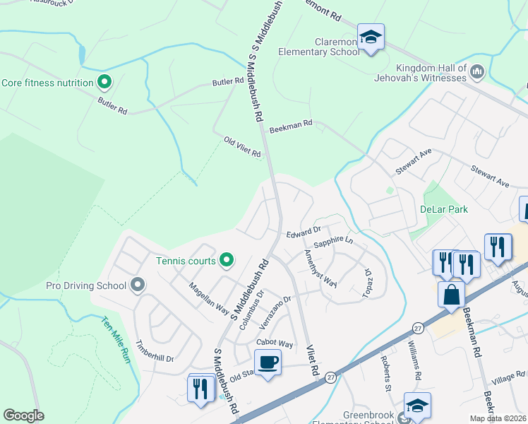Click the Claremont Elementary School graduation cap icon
pos(371,36)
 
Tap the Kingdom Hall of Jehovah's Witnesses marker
pos(477,71)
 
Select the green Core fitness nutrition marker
pos(104,83)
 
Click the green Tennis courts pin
pos(227,261)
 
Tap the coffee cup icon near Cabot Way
pos(268,363)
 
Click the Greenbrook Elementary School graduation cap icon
pos(417,406)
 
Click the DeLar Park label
pos(444,209)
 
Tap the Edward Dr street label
pos(304,231)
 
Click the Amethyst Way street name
pos(320,268)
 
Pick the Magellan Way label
pos(208,298)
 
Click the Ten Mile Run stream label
pos(116,340)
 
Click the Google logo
pos(24,416)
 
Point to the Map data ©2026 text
pos(498,418)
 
